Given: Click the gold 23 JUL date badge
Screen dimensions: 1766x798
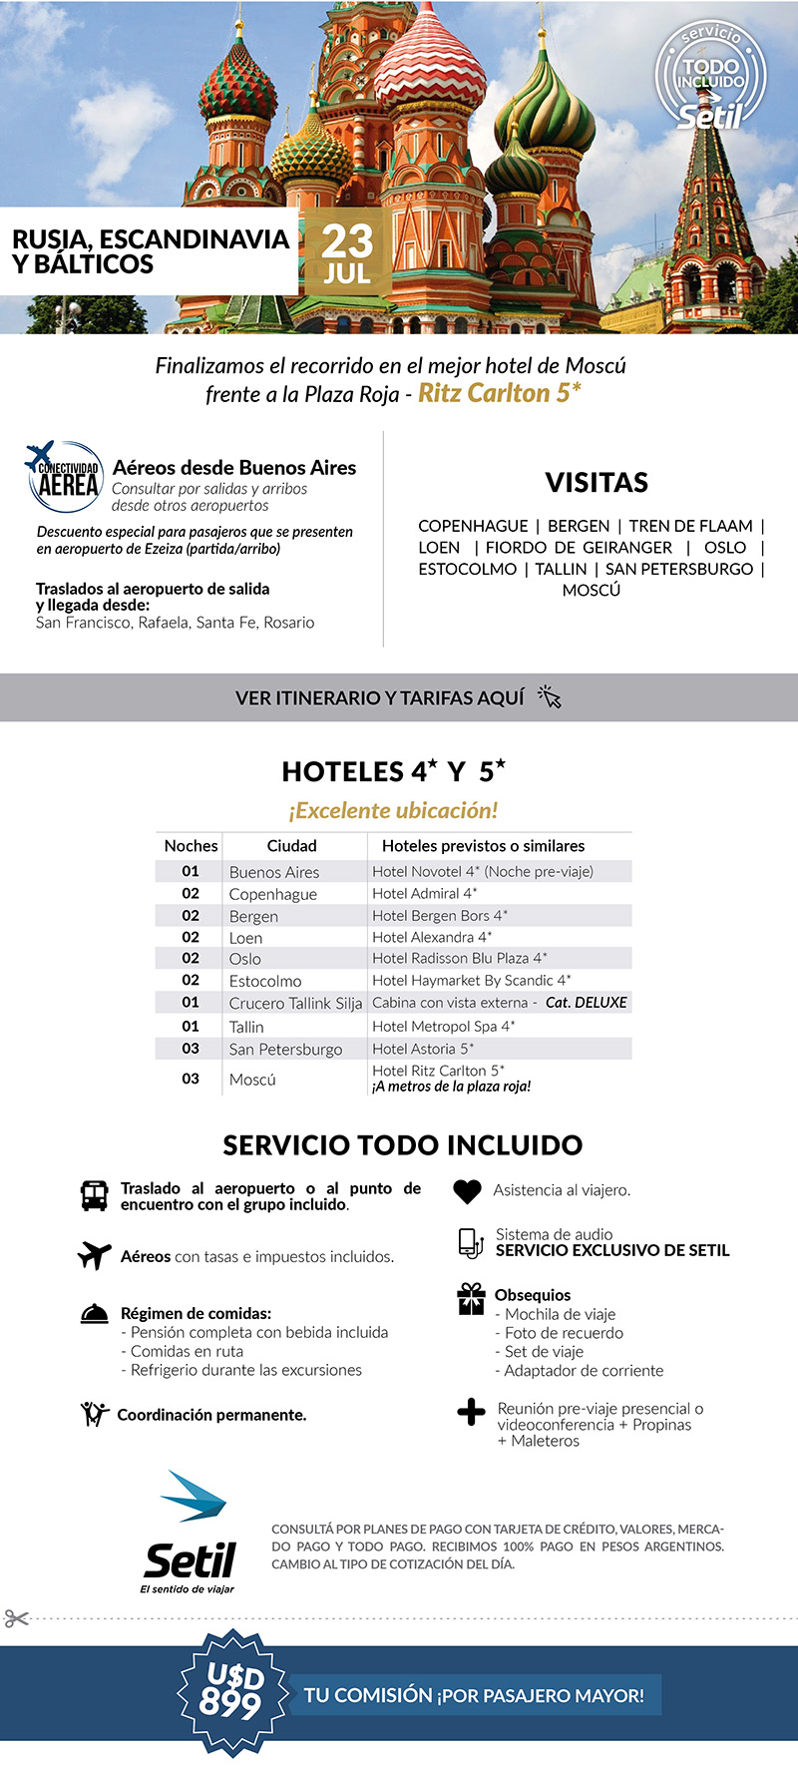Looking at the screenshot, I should coord(347,252).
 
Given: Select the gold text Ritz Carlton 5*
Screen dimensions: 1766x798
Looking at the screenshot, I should coord(499,393).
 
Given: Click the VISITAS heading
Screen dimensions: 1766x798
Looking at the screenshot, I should coord(597,483).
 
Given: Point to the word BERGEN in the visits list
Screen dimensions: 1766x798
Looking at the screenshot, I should coord(579,526).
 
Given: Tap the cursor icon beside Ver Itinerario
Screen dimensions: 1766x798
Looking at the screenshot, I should coord(550,696).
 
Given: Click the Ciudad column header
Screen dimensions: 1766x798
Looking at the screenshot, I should coord(291,845).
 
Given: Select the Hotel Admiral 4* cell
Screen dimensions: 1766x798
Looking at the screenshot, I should coord(425,893).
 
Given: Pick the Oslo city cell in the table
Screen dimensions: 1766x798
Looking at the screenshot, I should coord(245,959).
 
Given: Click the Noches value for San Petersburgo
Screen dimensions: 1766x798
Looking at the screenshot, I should coord(191,1049).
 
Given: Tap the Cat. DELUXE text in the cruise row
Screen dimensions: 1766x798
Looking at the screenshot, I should coord(587,1003).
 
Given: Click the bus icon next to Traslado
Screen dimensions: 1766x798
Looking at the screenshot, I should coord(94,1195).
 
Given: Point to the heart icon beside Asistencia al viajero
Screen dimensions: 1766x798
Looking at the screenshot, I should coord(467,1190).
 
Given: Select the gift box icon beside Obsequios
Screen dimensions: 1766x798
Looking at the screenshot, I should coord(471,1298).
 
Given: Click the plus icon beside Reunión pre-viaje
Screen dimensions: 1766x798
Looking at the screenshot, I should coord(471,1412).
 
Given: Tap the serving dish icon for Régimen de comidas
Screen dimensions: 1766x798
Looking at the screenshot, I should coord(95,1314).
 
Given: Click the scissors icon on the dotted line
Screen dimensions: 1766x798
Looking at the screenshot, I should coord(16,1617).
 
